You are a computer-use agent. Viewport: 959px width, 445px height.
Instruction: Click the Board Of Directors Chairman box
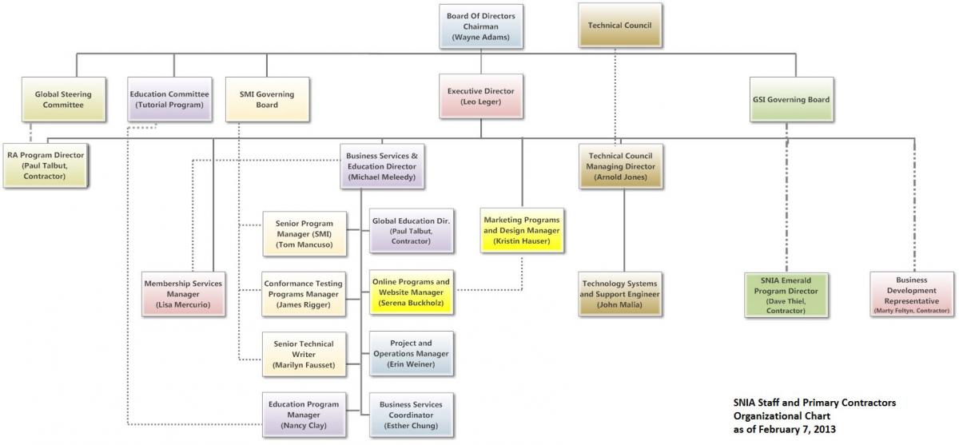tap(480, 26)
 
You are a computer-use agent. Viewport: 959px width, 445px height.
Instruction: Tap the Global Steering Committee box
tap(63, 99)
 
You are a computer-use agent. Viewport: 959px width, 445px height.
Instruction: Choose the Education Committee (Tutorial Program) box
tap(170, 99)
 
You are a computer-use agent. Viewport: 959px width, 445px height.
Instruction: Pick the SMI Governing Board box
tap(267, 99)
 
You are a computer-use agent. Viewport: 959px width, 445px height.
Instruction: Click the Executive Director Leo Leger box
tap(480, 97)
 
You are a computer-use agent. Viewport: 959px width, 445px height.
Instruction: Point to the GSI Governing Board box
tap(790, 100)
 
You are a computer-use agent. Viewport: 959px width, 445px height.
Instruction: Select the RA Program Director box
tap(45, 165)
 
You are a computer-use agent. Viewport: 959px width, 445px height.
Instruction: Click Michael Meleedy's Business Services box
tap(380, 166)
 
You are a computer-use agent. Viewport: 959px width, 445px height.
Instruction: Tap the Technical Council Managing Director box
tap(620, 166)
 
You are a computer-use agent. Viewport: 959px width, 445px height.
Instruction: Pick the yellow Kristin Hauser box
tap(522, 230)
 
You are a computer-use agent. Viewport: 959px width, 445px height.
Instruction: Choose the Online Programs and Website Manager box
tap(411, 292)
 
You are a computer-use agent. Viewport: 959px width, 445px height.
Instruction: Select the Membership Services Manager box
tap(183, 293)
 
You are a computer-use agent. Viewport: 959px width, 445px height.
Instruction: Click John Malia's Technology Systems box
tap(619, 294)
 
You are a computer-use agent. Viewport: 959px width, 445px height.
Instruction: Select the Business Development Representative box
tap(911, 294)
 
